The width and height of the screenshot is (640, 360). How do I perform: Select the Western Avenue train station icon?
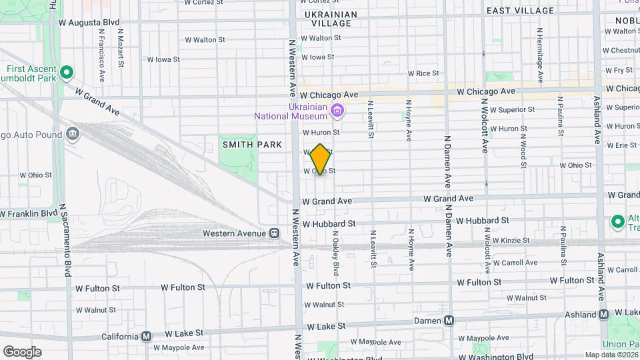point(274,233)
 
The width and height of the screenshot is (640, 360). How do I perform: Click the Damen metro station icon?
point(449,321)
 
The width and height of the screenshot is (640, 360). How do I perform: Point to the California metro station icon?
point(146,337)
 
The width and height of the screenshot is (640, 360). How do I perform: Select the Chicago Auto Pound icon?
point(73,133)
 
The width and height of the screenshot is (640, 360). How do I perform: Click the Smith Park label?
point(252,145)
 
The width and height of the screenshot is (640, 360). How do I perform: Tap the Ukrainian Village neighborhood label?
point(330,19)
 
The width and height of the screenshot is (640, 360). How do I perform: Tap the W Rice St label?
point(423,73)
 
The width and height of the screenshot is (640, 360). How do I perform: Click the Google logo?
point(21,352)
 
